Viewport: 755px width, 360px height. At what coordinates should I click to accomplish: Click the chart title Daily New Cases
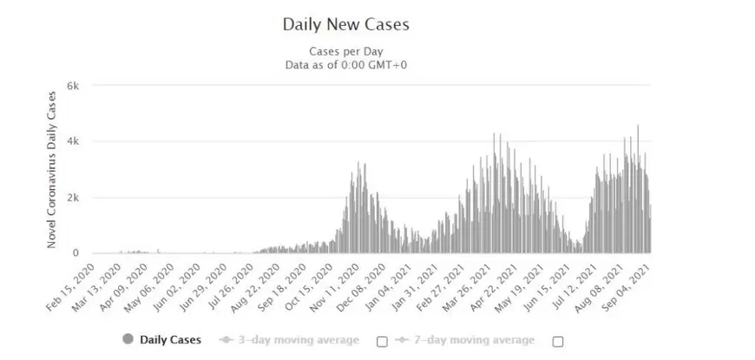pos(345,24)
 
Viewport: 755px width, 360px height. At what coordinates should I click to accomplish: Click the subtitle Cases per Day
pos(345,50)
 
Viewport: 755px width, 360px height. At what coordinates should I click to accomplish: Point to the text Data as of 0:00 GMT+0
pos(345,64)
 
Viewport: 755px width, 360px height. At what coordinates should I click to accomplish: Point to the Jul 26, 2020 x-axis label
pos(236,285)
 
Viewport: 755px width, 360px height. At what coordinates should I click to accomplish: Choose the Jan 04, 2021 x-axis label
pos(397,285)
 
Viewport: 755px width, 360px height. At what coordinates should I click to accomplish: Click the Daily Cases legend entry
pos(170,340)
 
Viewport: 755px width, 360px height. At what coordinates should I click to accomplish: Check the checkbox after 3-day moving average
pos(381,341)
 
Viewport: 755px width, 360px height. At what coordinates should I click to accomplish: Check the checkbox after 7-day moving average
pos(557,341)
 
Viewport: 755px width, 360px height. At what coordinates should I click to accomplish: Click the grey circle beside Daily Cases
pos(128,340)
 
